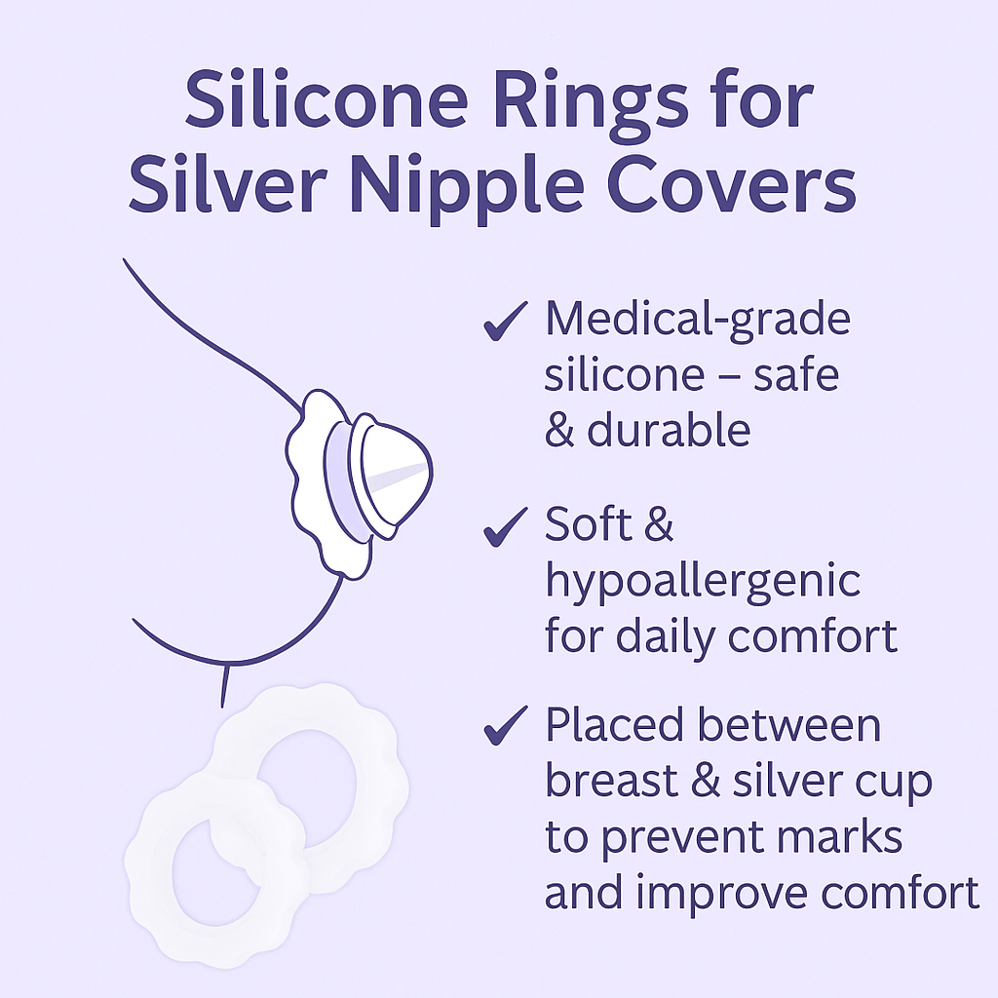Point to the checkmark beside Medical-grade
pyautogui.click(x=505, y=323)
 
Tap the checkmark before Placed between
pyautogui.click(x=505, y=726)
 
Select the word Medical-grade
pyautogui.click(x=697, y=321)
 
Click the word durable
pyautogui.click(x=669, y=430)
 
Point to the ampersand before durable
pyautogui.click(x=559, y=430)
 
